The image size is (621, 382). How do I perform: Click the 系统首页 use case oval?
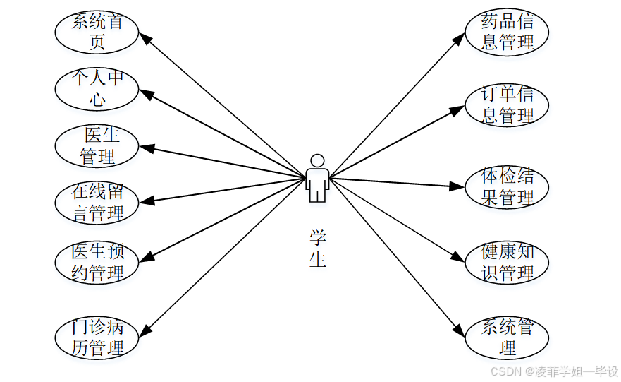tap(97, 32)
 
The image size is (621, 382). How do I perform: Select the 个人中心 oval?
tap(97, 88)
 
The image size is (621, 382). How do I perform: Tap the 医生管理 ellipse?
tap(97, 145)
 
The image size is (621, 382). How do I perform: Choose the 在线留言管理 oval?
tap(97, 202)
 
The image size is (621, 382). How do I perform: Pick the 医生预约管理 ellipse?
tap(97, 261)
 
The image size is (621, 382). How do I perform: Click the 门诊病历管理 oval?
tap(97, 338)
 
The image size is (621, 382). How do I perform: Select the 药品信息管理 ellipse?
tap(506, 32)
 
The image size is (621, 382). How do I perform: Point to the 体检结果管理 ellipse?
tap(506, 188)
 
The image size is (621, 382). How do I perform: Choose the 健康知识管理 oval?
tap(506, 263)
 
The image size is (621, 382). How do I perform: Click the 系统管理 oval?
tap(506, 338)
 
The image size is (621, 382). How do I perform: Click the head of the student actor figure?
tap(317, 160)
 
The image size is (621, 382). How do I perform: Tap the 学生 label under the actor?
tap(318, 249)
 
